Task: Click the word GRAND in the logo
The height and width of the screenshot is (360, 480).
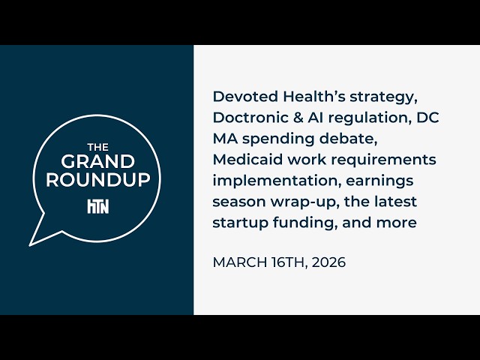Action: [x=98, y=162]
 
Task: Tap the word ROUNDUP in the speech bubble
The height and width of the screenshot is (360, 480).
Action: [x=98, y=180]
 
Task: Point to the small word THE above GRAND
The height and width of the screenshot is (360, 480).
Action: [x=98, y=147]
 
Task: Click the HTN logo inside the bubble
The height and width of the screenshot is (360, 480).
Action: [x=98, y=206]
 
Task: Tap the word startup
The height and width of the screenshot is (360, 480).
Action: [x=238, y=223]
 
